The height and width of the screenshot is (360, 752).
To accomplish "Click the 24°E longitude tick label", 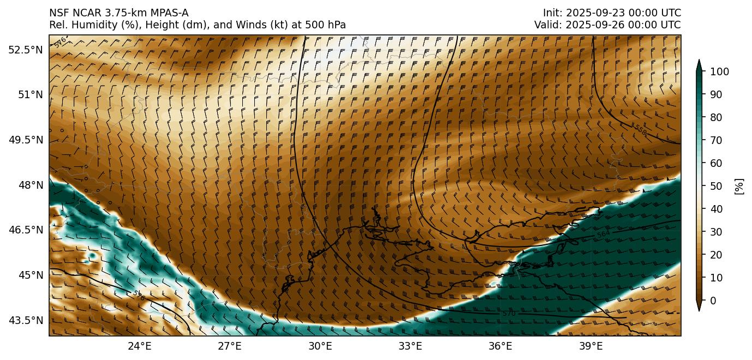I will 140,346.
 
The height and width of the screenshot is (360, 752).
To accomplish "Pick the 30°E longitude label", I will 320,346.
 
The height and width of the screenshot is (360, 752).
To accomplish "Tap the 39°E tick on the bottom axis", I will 590,346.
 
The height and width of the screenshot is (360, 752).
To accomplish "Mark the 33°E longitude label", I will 410,346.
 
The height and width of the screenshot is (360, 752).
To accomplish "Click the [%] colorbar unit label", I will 739,186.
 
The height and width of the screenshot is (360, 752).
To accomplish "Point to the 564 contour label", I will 603,235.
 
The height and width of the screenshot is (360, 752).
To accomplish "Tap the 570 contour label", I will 509,314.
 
